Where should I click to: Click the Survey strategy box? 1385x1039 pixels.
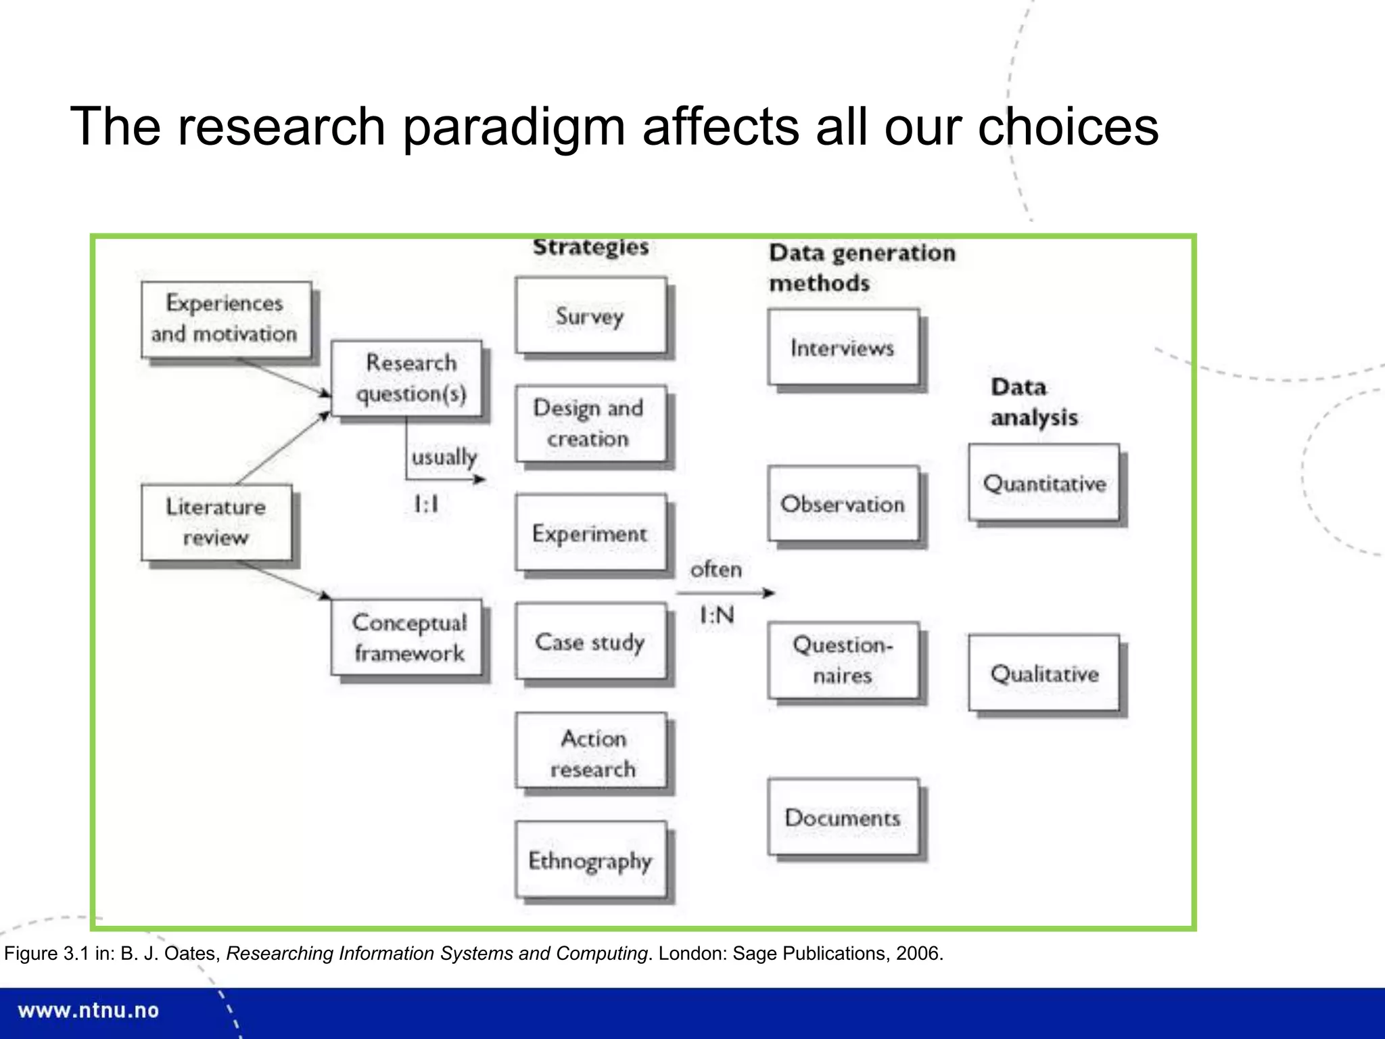(x=590, y=315)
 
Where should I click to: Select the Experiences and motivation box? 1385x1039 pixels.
(x=227, y=319)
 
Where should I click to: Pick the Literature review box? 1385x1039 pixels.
(x=217, y=522)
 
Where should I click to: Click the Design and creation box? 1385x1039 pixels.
(x=590, y=423)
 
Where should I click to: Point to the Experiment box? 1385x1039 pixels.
(x=590, y=533)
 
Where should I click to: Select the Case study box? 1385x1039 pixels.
(x=590, y=641)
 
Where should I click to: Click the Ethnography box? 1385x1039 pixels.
(x=590, y=860)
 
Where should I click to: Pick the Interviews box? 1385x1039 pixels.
(x=843, y=347)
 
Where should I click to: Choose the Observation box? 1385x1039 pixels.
(x=843, y=503)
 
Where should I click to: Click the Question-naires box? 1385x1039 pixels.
(x=843, y=660)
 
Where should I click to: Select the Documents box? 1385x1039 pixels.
(x=843, y=817)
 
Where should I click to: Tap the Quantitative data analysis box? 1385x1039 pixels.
(x=1044, y=482)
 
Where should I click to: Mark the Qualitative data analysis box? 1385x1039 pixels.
(x=1044, y=673)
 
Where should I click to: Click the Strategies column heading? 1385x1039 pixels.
(x=590, y=247)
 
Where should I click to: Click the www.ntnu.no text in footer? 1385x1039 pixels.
(x=89, y=1011)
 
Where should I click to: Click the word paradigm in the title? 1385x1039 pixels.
(x=514, y=127)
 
